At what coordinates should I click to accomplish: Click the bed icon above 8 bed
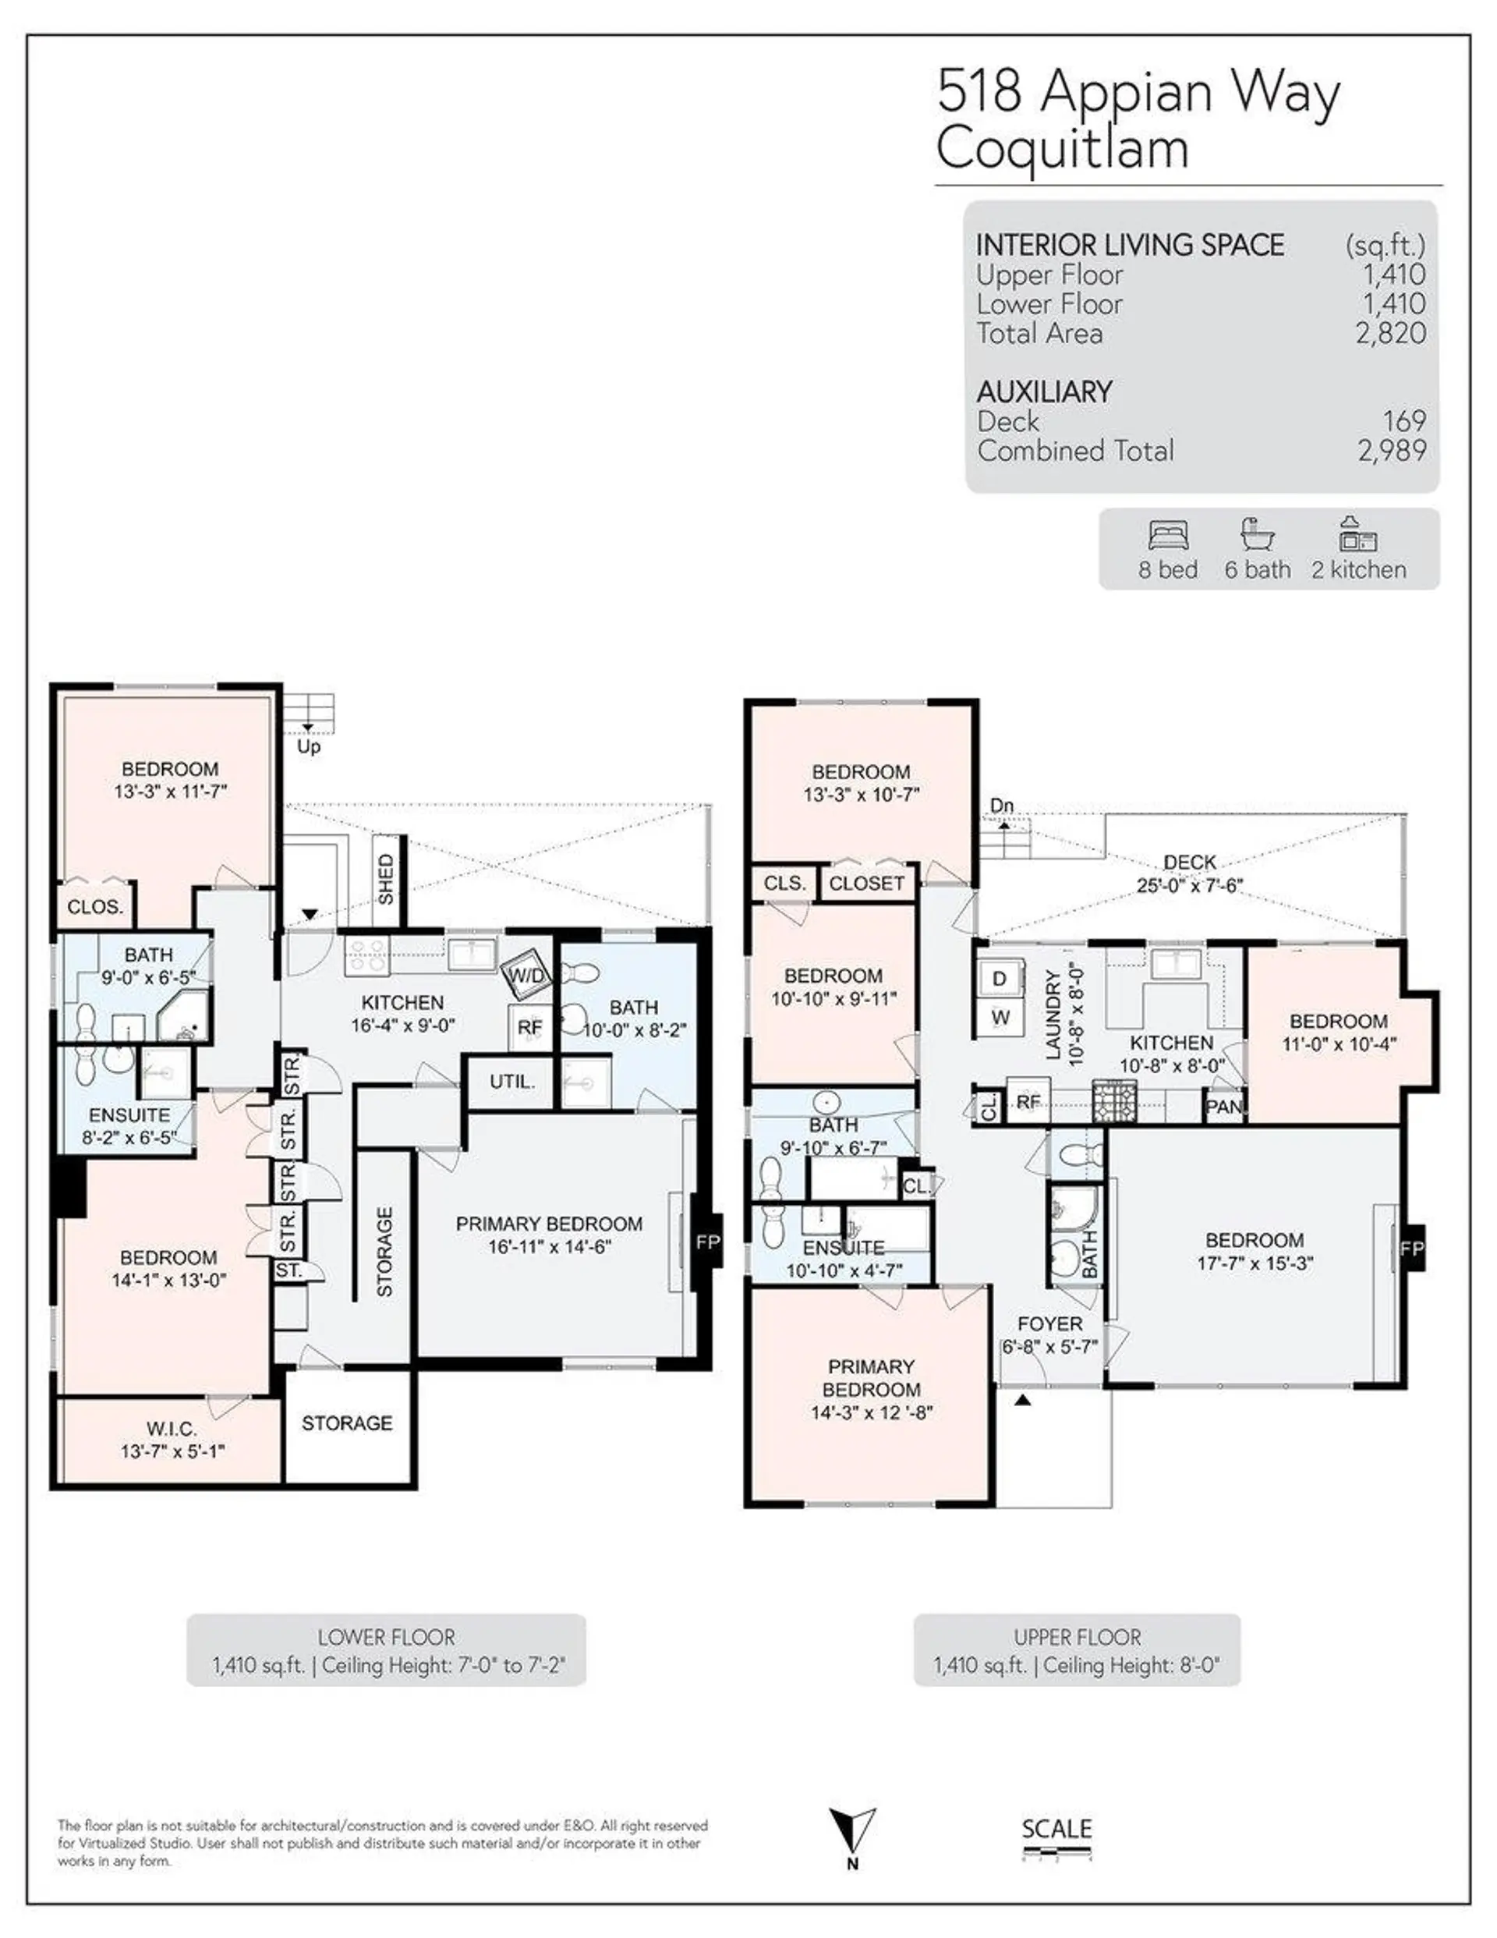[1168, 536]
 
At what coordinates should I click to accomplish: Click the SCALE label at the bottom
[1056, 1829]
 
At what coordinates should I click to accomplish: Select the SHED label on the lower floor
[385, 880]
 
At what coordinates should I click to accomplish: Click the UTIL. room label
[512, 1082]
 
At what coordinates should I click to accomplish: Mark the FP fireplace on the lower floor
[707, 1242]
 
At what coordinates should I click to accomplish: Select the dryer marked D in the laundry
[1000, 979]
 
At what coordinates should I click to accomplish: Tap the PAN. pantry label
[1223, 1107]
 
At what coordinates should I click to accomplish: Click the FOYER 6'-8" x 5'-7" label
[1049, 1334]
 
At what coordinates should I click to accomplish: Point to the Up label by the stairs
[308, 746]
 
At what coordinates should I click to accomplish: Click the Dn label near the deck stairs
[1001, 806]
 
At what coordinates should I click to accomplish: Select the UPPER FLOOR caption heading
[1078, 1637]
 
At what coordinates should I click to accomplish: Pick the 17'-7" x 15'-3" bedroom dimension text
[1255, 1263]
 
